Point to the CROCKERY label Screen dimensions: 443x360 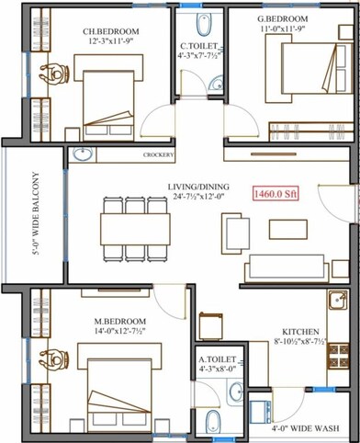coord(159,155)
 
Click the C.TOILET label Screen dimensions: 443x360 coord(197,46)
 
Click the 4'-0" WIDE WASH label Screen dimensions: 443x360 coord(302,428)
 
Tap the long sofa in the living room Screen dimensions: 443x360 coord(284,266)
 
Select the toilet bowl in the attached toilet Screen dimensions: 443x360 coord(212,422)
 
